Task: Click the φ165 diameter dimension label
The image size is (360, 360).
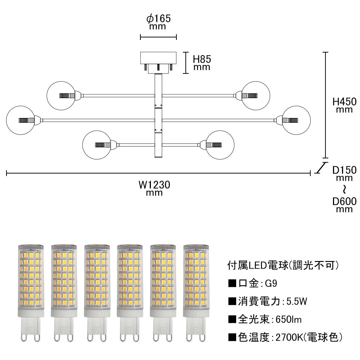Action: tap(158, 22)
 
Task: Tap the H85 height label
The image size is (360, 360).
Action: tap(202, 63)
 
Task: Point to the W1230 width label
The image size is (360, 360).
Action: tap(154, 188)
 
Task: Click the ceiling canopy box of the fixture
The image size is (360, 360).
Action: tap(158, 58)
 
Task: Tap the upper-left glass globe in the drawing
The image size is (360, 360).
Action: tap(61, 95)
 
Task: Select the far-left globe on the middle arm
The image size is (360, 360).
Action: tap(21, 120)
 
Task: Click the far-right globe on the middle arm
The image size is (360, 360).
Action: tap(296, 120)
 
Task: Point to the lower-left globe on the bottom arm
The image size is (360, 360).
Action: tap(97, 145)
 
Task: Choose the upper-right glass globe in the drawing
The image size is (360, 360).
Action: tap(256, 95)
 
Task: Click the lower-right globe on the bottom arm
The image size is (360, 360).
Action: tap(220, 145)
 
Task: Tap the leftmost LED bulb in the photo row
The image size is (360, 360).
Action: tap(31, 293)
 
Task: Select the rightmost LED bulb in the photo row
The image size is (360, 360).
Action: tap(196, 293)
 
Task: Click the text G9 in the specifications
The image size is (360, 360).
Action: tap(271, 284)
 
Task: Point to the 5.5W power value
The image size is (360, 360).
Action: tap(297, 301)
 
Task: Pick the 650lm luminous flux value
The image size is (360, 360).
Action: tap(288, 320)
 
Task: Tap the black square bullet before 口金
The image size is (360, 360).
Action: tap(232, 284)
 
